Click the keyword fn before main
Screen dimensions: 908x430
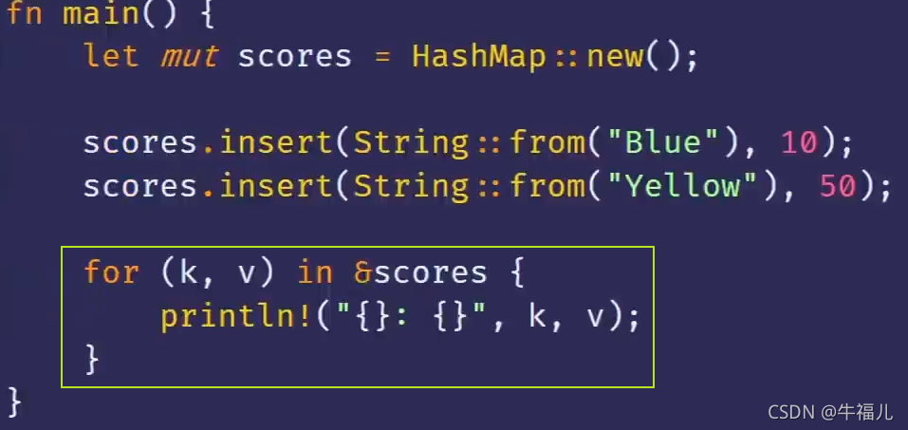pyautogui.click(x=24, y=14)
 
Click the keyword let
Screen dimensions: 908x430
pyautogui.click(x=111, y=56)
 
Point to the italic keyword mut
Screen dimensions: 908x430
pyautogui.click(x=189, y=56)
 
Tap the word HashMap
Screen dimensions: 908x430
pyautogui.click(x=478, y=56)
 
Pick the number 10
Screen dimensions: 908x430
pyautogui.click(x=799, y=143)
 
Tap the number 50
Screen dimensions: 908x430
pyautogui.click(x=837, y=186)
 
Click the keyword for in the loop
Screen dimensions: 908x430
pyautogui.click(x=111, y=273)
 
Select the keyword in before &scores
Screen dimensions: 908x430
pyautogui.click(x=315, y=273)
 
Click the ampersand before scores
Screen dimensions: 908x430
pyautogui.click(x=362, y=273)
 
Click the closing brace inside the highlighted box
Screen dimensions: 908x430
pyautogui.click(x=92, y=359)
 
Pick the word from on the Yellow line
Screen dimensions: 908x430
pyautogui.click(x=547, y=186)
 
